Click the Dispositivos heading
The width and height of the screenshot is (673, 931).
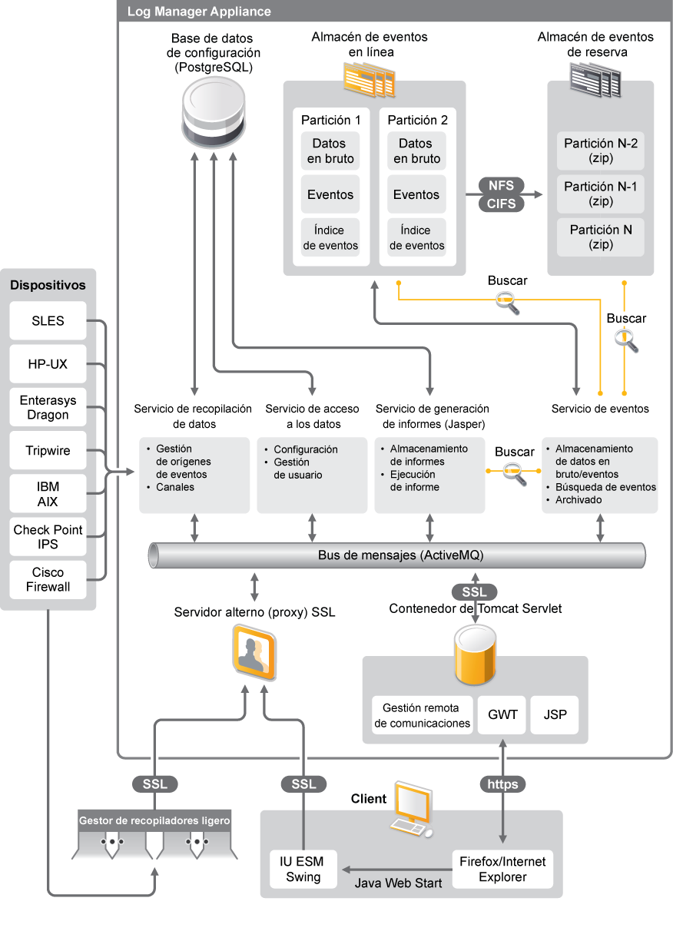coord(48,285)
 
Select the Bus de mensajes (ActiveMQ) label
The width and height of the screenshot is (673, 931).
coord(400,555)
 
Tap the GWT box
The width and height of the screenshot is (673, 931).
coord(502,715)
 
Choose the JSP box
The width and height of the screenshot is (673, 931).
coord(555,715)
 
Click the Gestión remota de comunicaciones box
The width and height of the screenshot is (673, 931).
coord(421,715)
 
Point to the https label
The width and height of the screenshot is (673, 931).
coord(502,784)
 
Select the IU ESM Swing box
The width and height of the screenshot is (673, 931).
coord(303,869)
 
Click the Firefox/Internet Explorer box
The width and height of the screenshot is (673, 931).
coord(502,869)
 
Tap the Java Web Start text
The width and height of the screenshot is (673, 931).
coord(398,883)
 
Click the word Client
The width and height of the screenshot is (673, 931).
coord(369,799)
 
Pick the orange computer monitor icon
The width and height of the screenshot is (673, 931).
coord(411,810)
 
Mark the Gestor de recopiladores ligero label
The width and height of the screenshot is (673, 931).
coord(154,820)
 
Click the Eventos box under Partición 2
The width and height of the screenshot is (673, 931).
coord(416,195)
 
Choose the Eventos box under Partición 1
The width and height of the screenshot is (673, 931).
coord(330,195)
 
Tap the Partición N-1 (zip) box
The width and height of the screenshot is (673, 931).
coord(601,194)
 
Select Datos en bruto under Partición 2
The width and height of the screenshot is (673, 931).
coord(416,151)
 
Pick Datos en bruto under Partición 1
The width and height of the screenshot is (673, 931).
coord(330,151)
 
